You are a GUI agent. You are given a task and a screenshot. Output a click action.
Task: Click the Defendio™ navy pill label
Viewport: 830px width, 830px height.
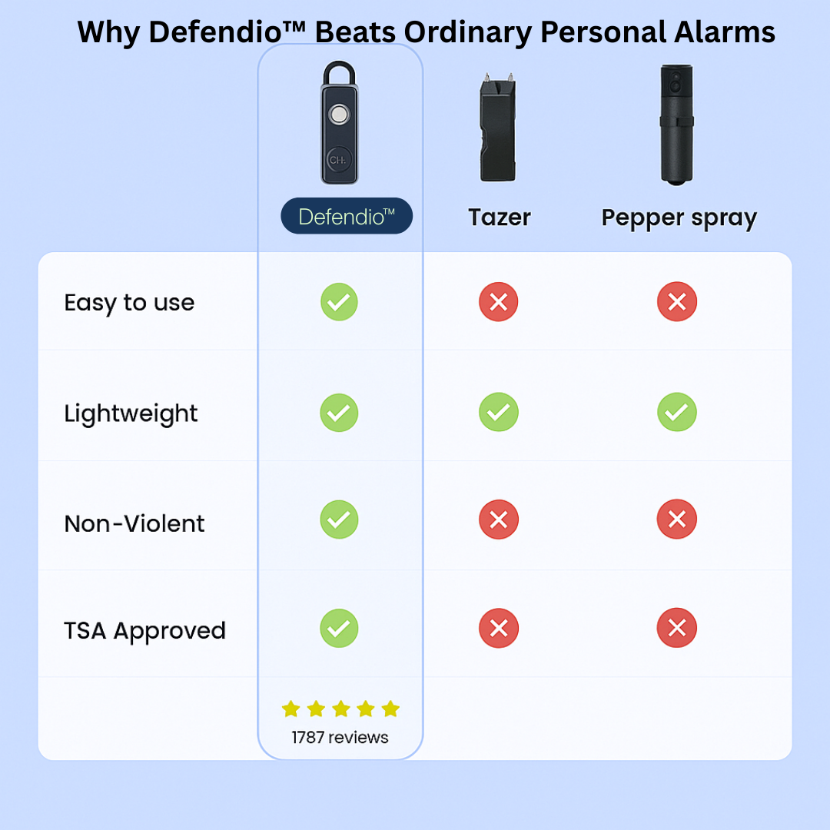tap(347, 216)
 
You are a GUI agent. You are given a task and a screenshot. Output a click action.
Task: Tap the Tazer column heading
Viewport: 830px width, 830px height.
tap(500, 217)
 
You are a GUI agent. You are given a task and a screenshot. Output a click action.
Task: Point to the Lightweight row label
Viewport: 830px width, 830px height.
tap(131, 413)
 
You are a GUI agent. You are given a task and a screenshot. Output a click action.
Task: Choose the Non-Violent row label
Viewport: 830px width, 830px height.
tap(134, 523)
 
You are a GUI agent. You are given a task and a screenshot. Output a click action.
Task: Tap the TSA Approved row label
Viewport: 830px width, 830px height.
tap(144, 631)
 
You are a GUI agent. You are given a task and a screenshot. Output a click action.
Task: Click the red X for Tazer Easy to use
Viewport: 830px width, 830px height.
tap(499, 302)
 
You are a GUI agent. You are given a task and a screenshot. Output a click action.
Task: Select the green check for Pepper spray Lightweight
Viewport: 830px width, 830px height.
tap(677, 412)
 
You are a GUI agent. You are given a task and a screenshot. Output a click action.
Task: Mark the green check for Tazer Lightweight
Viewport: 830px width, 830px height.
tap(499, 412)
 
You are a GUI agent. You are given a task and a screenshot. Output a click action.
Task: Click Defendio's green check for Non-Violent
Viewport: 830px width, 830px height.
tap(340, 520)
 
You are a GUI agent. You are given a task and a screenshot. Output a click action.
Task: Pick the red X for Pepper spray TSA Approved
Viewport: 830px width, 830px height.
tap(677, 628)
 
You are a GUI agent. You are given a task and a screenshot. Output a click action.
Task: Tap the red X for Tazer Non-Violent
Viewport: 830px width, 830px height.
tap(499, 520)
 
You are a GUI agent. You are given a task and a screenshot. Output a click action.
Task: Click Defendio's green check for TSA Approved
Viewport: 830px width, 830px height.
tap(340, 629)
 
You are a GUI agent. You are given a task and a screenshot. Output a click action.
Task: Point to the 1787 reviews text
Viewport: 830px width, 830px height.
tap(340, 737)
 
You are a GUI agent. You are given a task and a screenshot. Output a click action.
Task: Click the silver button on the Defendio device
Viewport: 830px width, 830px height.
tap(339, 114)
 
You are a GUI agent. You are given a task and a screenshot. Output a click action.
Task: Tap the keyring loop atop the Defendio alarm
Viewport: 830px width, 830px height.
tap(340, 71)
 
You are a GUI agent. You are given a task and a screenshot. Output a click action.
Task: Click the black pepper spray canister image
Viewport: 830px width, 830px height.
tap(676, 125)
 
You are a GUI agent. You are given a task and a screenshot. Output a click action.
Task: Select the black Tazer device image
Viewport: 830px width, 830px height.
tap(497, 128)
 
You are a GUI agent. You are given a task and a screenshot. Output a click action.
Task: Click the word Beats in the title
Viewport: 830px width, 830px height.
tap(355, 32)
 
